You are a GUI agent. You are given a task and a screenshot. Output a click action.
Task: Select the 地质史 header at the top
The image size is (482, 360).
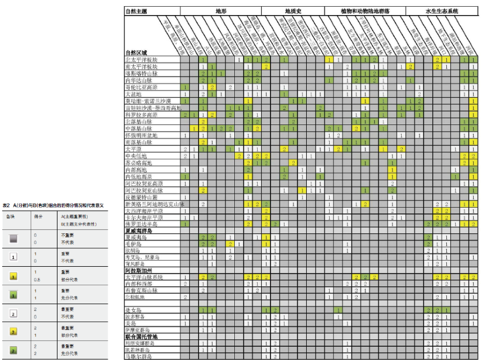click(293, 11)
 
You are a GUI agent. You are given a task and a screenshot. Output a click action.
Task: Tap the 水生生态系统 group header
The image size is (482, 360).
click(442, 11)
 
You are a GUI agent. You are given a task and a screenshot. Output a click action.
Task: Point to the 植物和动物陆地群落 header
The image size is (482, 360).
click(365, 11)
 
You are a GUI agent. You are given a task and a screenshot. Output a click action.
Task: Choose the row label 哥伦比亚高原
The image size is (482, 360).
click(141, 88)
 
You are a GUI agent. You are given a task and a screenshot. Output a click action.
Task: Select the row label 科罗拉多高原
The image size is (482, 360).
click(141, 115)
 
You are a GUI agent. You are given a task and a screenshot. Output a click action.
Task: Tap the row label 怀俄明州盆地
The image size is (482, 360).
click(141, 136)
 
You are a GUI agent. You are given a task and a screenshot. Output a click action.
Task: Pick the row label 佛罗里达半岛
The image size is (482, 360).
click(141, 224)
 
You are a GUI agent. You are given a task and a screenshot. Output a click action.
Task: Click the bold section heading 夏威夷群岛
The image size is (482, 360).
click(138, 231)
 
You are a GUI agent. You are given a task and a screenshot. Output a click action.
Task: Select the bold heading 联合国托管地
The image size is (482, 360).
click(141, 337)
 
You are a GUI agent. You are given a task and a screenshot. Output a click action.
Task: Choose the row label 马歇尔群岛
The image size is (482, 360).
click(138, 356)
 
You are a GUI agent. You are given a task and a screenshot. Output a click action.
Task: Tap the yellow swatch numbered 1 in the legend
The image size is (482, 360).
click(13, 276)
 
